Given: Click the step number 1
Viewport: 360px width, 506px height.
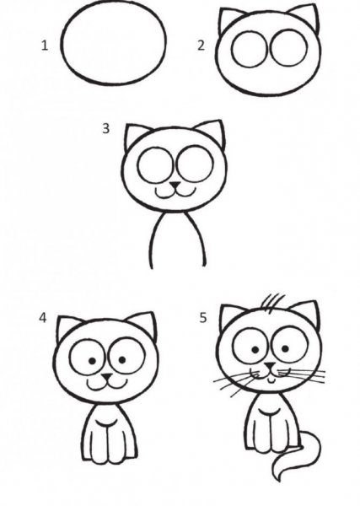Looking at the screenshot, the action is click(x=45, y=46).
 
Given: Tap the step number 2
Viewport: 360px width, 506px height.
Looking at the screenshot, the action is click(x=201, y=46).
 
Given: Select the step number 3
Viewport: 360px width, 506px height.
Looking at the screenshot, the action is click(x=105, y=128).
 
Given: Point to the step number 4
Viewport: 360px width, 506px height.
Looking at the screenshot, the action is click(x=43, y=318).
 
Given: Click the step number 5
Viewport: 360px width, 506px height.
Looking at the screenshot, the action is click(x=202, y=318).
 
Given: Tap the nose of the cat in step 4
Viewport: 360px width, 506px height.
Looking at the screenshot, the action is click(x=107, y=377).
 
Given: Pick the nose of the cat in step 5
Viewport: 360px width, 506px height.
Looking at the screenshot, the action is click(x=270, y=366).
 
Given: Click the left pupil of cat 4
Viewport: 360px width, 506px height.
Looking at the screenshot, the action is click(x=92, y=361).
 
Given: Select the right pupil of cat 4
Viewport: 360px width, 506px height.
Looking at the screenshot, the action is click(x=122, y=359).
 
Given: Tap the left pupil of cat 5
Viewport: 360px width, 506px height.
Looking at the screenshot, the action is click(x=255, y=350).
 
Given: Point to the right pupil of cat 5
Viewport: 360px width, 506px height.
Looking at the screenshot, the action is click(x=285, y=348).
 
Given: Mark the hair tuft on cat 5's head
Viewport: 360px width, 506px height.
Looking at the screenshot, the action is click(x=272, y=304).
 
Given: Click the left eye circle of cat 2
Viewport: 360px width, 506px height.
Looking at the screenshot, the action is click(x=250, y=49).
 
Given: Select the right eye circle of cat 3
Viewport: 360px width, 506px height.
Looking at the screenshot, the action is click(x=195, y=164).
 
